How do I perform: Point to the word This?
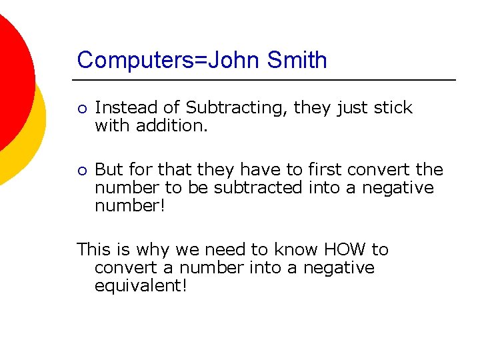click(x=93, y=250)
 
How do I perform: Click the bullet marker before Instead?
click(x=80, y=109)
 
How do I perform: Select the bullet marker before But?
click(x=80, y=171)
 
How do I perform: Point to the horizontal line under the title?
click(x=267, y=80)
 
